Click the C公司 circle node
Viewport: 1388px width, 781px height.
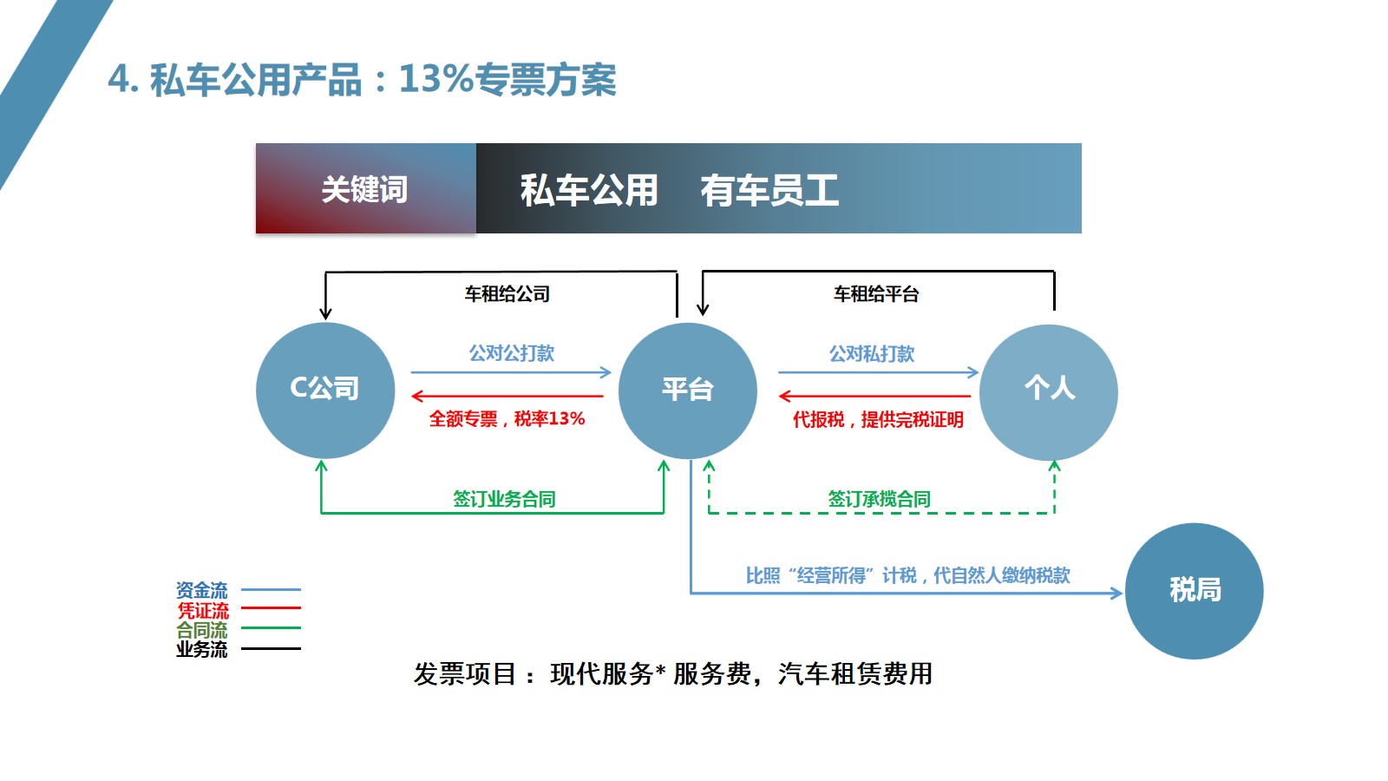[324, 390]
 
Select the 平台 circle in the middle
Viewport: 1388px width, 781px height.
[687, 390]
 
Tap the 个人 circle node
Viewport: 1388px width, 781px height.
[1048, 390]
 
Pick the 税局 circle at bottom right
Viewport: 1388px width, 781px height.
[1194, 591]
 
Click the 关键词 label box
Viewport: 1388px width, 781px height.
[365, 189]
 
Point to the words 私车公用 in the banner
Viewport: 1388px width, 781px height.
[589, 190]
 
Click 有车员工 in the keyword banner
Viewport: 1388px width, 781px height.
[769, 190]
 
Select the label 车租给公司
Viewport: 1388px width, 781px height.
[507, 294]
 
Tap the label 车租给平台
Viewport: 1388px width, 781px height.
[875, 294]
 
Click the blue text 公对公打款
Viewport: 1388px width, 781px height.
[511, 353]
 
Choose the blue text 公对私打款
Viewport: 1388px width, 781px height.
[872, 354]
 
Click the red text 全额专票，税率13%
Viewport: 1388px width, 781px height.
[507, 419]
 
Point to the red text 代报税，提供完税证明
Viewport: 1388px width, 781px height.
[877, 420]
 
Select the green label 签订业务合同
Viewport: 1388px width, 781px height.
[504, 499]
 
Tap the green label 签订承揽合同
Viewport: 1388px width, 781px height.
[879, 499]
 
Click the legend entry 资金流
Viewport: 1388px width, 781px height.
[202, 590]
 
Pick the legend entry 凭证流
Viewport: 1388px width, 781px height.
[203, 610]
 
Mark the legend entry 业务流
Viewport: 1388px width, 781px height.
[202, 649]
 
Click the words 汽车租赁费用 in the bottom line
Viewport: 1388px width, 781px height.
[855, 673]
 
